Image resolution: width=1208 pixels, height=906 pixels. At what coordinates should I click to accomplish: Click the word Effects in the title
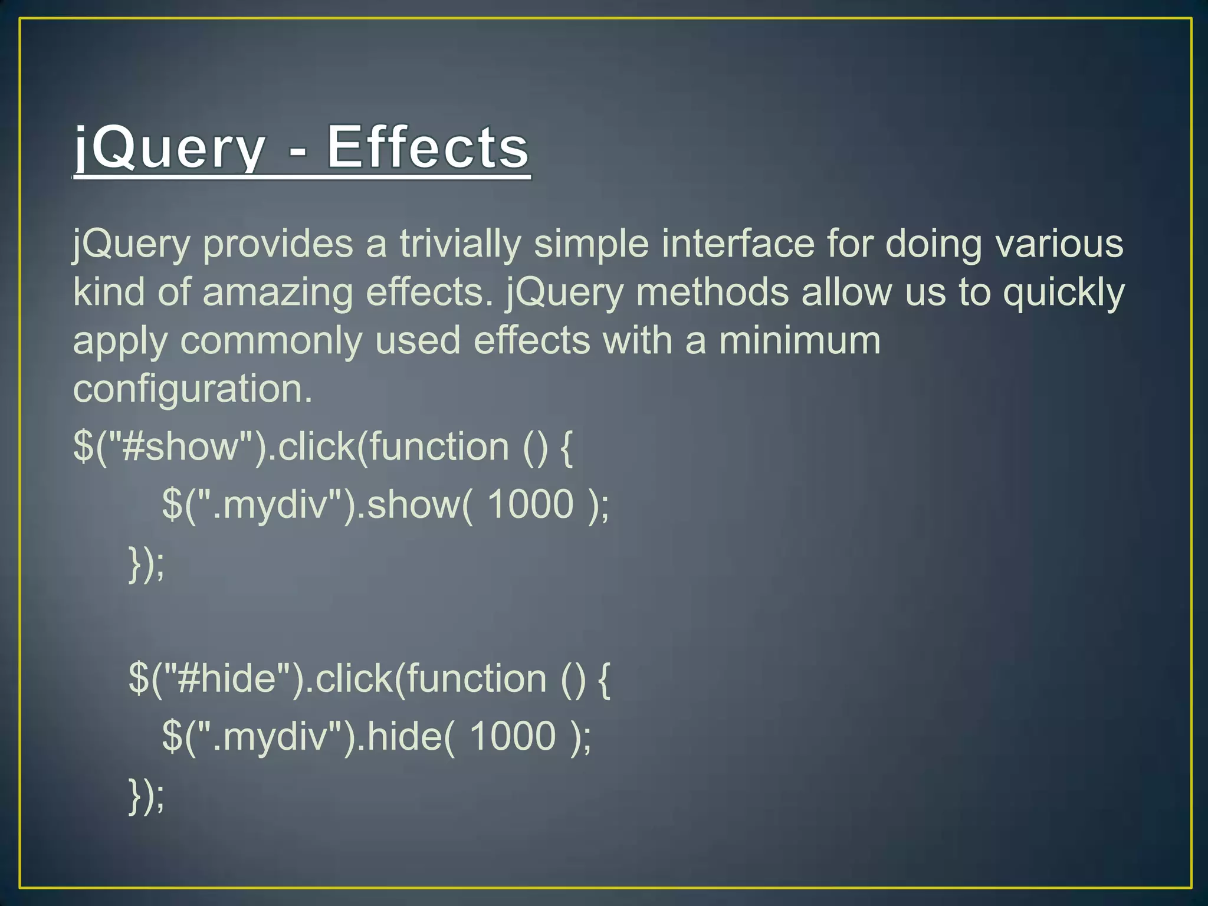pyautogui.click(x=428, y=147)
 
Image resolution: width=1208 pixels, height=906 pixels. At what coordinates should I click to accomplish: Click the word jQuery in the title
pyautogui.click(x=169, y=147)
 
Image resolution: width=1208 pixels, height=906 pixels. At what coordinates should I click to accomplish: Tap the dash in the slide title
pyautogui.click(x=298, y=152)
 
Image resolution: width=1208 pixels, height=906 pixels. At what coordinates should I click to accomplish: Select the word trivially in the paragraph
pyautogui.click(x=460, y=244)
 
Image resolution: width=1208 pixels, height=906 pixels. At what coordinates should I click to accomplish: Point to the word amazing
pyautogui.click(x=277, y=293)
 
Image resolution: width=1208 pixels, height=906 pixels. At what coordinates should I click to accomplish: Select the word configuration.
pyautogui.click(x=192, y=389)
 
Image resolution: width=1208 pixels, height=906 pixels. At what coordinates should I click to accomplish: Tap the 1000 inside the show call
pyautogui.click(x=530, y=504)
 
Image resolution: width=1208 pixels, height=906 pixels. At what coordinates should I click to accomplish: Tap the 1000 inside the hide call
pyautogui.click(x=512, y=736)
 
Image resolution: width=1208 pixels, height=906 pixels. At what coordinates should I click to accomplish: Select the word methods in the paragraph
pyautogui.click(x=712, y=293)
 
